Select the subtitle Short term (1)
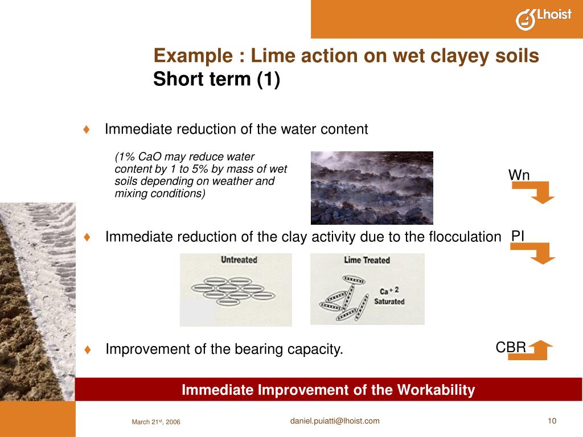(x=216, y=80)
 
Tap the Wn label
(x=519, y=175)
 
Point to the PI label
(x=518, y=236)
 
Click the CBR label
(x=511, y=347)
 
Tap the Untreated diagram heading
(x=239, y=260)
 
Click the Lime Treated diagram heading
(x=367, y=260)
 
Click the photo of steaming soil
(x=372, y=188)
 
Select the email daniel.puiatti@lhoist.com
(x=335, y=421)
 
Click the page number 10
(x=552, y=421)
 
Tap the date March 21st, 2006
(x=156, y=422)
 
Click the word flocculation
(x=463, y=237)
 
